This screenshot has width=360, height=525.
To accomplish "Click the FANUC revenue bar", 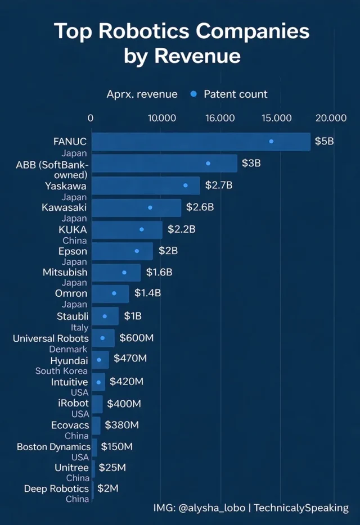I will (200, 142).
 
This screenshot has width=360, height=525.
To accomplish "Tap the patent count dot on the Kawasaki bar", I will (150, 207).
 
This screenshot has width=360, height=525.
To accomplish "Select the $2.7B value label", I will (219, 185).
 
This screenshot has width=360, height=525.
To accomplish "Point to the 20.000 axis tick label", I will (331, 118).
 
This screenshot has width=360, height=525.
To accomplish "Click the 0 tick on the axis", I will (91, 118).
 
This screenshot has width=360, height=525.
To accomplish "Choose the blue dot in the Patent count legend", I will (194, 94).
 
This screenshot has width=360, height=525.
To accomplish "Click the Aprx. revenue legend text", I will (142, 94).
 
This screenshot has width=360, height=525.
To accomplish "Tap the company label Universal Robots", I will (51, 338).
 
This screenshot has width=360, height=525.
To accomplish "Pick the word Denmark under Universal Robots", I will (68, 349).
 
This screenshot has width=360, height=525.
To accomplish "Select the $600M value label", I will (137, 338).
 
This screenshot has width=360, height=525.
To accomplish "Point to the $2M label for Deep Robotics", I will (108, 488).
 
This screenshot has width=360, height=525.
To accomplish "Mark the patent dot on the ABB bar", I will (208, 163).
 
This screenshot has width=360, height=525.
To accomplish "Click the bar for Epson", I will (122, 251).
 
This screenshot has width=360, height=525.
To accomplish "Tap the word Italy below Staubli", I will (79, 327).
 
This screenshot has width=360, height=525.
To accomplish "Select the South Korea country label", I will (61, 371).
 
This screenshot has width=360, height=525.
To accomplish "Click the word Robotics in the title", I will (154, 31).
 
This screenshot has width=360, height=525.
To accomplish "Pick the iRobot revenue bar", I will (97, 404).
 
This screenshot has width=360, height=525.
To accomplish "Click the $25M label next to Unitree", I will (112, 468).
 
